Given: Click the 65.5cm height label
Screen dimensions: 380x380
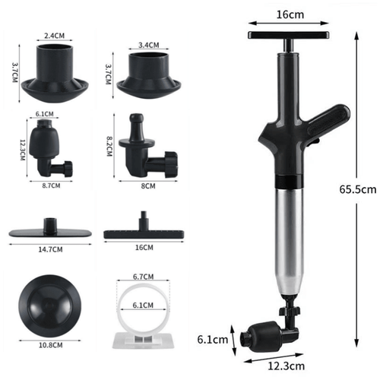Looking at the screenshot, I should [356, 187].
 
